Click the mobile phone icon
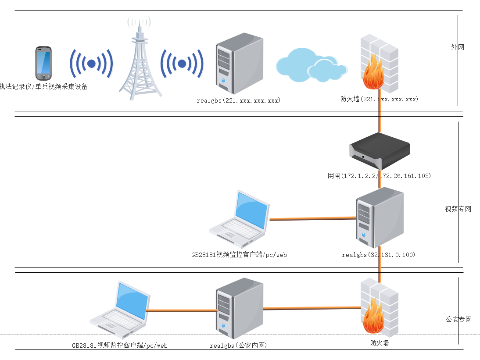pos(43,61)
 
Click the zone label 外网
pos(458,47)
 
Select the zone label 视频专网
pos(458,209)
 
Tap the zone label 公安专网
pos(458,320)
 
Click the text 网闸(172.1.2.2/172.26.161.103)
pos(380,176)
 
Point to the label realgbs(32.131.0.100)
pos(378,255)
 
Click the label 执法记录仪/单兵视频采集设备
pos(44,87)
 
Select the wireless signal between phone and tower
pos(91,64)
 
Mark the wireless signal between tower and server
pos(182,64)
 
